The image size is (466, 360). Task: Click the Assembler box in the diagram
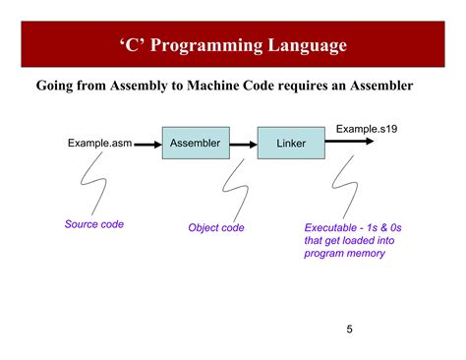[195, 145]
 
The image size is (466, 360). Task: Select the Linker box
[291, 145]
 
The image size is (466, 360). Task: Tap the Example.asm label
[99, 144]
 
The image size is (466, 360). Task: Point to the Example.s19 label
[366, 129]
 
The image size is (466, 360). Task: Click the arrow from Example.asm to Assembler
[147, 145]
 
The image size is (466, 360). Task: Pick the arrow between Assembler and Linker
[242, 145]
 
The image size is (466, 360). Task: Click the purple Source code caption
[94, 224]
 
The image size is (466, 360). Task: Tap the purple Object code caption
[216, 227]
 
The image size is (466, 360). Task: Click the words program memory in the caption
[344, 254]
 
